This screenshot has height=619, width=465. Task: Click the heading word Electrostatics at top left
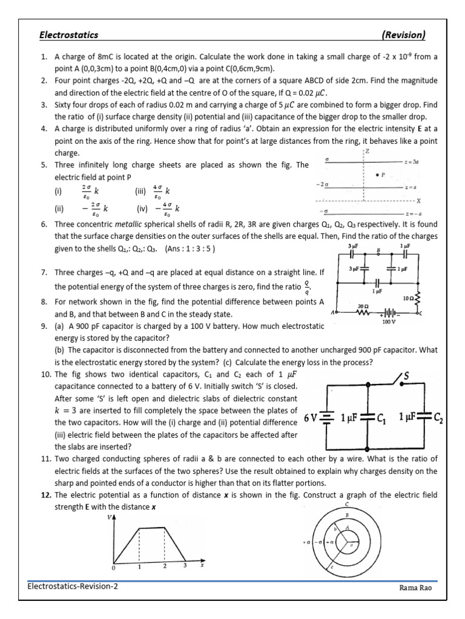(68, 35)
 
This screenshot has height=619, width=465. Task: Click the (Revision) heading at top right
(404, 35)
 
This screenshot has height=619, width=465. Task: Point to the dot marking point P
(378, 175)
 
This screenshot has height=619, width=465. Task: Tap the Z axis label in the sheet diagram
(367, 151)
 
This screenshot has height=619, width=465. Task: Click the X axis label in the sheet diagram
(418, 200)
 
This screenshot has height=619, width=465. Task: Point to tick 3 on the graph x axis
(185, 566)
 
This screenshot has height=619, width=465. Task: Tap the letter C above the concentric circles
(347, 504)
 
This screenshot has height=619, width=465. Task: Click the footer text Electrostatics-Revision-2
(72, 587)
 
